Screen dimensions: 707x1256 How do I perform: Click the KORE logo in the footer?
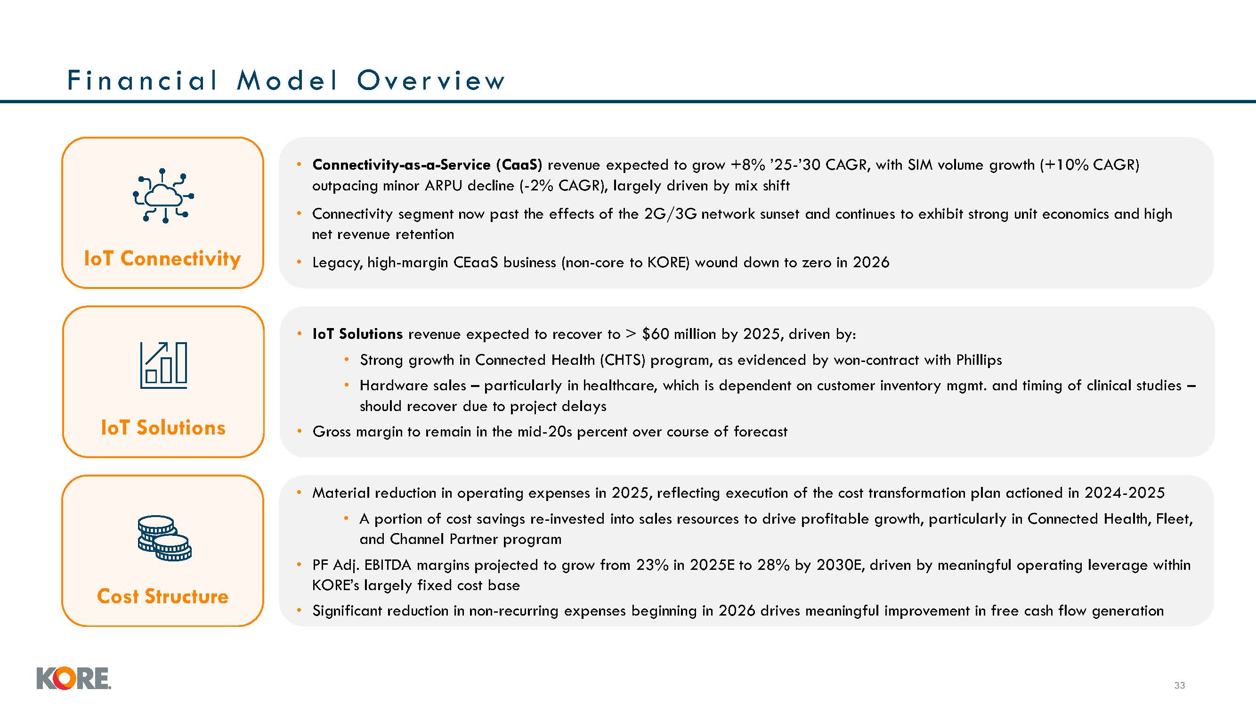click(x=73, y=678)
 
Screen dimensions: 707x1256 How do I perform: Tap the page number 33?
click(x=1179, y=685)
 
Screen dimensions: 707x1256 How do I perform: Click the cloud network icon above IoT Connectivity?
click(x=163, y=196)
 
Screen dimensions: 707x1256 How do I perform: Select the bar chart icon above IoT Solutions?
click(x=163, y=365)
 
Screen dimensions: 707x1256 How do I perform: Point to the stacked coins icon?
click(x=164, y=538)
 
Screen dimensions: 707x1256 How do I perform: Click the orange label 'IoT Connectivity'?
click(x=162, y=258)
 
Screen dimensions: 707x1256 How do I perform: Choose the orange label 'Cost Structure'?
click(x=162, y=596)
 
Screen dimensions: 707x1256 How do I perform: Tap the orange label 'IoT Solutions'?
click(x=163, y=427)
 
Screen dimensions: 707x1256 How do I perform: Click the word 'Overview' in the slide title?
click(x=431, y=81)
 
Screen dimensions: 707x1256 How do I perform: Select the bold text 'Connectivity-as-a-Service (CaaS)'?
click(x=427, y=165)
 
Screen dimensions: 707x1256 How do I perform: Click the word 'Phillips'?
click(x=979, y=360)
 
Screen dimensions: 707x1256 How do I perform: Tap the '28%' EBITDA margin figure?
click(x=773, y=565)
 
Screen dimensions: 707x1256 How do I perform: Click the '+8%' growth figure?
click(x=747, y=165)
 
